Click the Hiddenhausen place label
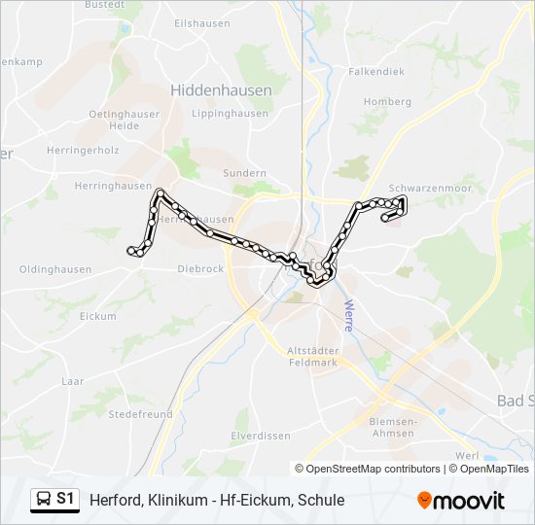[221, 89]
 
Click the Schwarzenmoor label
[429, 187]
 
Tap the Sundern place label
[244, 172]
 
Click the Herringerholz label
[83, 151]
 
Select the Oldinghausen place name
[55, 269]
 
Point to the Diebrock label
[200, 269]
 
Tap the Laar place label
[73, 382]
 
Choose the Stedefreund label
[139, 414]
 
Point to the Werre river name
[348, 315]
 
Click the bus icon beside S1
[43, 500]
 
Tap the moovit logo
[461, 500]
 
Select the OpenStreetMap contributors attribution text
[372, 469]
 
